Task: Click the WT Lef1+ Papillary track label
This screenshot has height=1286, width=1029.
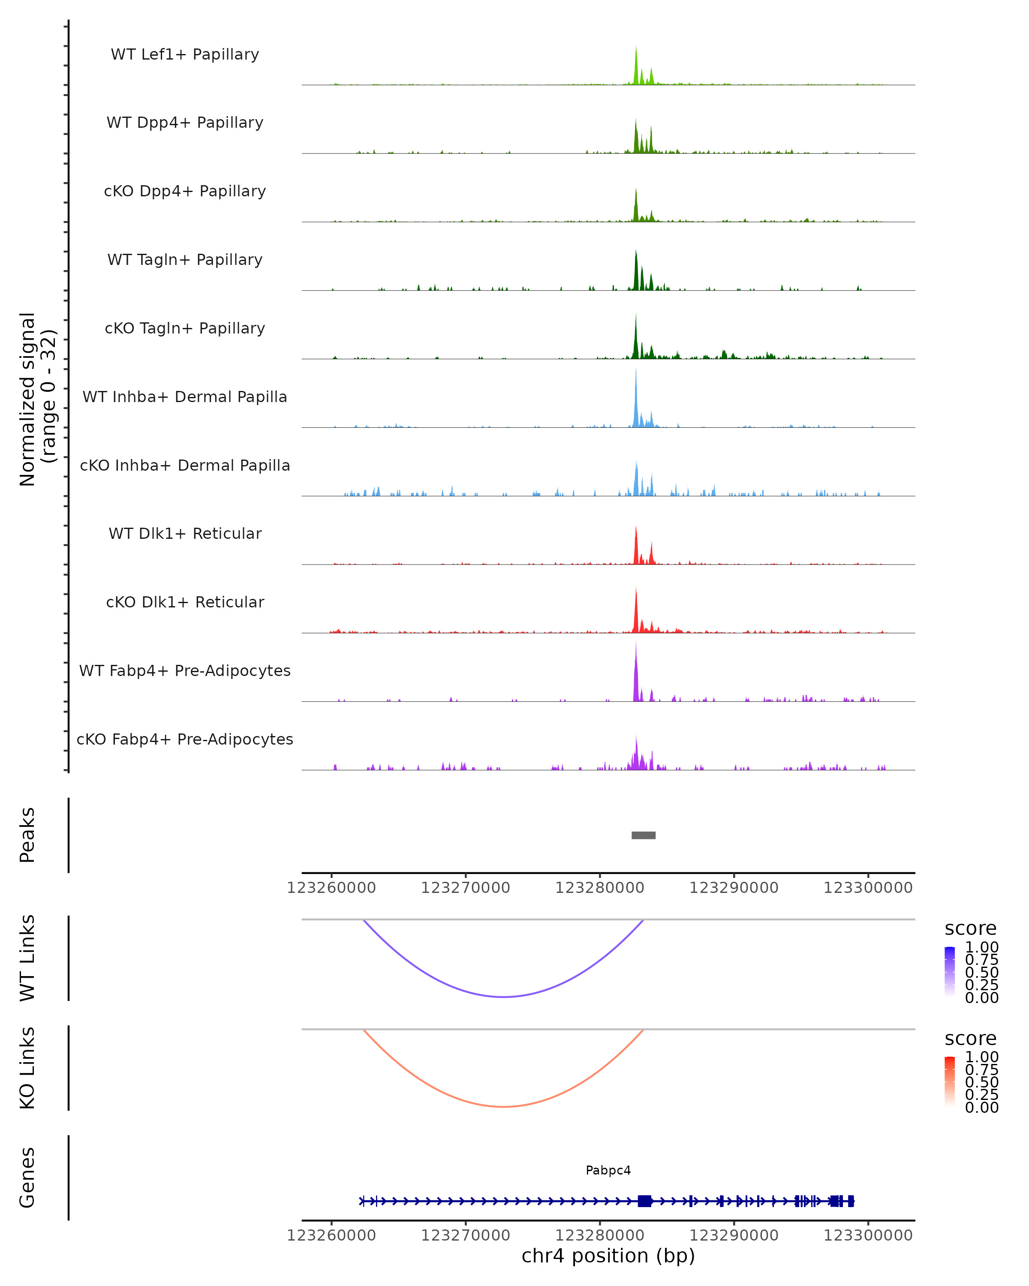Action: click(x=185, y=54)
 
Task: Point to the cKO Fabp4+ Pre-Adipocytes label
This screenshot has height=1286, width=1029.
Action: click(x=185, y=739)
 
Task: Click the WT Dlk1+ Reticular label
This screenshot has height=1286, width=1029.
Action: click(x=185, y=533)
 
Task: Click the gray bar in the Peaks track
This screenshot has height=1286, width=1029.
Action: click(x=643, y=835)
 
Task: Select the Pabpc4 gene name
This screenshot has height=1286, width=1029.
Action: click(x=608, y=1170)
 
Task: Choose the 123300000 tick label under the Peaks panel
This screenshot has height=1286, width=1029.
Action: click(x=868, y=888)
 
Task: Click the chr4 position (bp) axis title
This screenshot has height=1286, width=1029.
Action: click(x=608, y=1256)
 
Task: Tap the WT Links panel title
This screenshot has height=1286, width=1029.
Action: click(x=27, y=958)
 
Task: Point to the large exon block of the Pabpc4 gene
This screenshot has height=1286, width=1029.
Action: click(x=644, y=1201)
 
